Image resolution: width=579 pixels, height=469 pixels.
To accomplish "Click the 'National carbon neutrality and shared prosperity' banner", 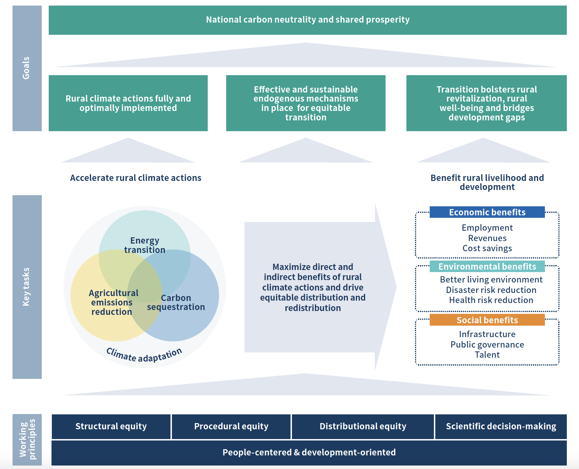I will coord(308,20).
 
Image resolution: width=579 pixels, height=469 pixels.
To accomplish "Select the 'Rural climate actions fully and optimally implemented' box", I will coord(128,103).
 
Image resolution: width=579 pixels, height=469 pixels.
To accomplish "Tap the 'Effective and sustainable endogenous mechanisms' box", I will coord(306,103).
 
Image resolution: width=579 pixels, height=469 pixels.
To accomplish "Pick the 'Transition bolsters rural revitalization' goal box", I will coord(486,103).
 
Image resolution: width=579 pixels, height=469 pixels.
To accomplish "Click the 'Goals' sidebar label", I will coord(26,68).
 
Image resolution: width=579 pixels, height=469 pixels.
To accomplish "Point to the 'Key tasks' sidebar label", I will coord(26,287).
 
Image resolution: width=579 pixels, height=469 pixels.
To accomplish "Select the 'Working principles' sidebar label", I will coord(27,439).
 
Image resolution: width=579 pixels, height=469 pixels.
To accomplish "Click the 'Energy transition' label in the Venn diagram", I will coord(145,245).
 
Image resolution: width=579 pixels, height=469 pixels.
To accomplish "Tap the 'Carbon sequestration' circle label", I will coord(176,302).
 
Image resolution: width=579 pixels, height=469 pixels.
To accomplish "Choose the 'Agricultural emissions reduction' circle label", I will coord(113,302).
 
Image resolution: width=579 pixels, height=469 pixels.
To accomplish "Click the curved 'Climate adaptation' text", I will coord(144,355).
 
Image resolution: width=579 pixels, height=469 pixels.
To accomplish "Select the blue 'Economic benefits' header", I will coord(487,212).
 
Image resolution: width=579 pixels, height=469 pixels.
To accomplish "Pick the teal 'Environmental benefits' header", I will coord(487,267).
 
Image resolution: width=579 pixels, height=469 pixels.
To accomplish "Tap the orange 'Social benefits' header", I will coord(487,320).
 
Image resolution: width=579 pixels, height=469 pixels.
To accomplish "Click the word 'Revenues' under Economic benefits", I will coord(487,238).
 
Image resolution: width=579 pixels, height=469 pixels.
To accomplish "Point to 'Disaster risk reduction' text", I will coord(491,290).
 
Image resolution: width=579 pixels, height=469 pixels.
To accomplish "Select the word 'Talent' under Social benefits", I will coord(487,355).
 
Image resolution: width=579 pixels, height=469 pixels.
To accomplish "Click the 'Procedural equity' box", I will coord(231,427).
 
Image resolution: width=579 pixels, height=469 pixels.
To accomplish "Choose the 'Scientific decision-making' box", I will coord(501,427).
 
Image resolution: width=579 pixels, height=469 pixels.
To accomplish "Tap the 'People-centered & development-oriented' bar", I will coord(309,453).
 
